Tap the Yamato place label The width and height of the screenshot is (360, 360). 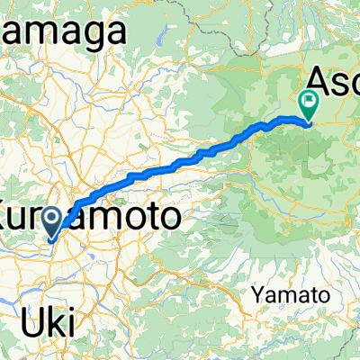287,294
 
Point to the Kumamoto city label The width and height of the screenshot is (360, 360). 90,217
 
